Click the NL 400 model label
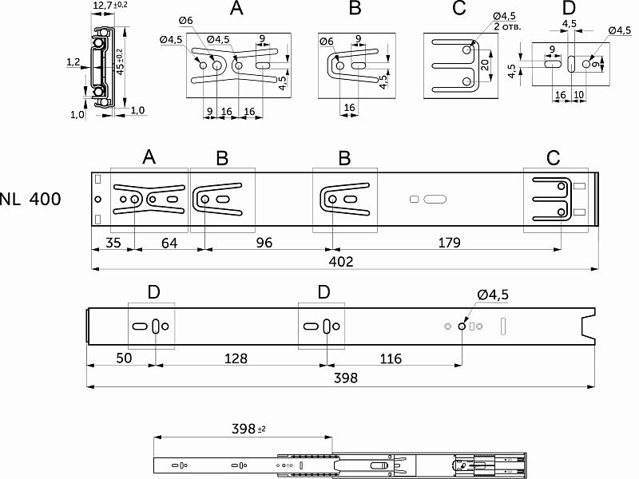[30, 200]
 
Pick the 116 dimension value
[391, 359]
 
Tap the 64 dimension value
[169, 243]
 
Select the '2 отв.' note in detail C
[509, 26]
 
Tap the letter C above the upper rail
[554, 158]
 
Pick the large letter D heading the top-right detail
[569, 8]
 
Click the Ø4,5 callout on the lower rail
[493, 295]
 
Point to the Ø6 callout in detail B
[326, 42]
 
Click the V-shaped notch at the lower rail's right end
[589, 327]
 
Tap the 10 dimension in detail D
[578, 94]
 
